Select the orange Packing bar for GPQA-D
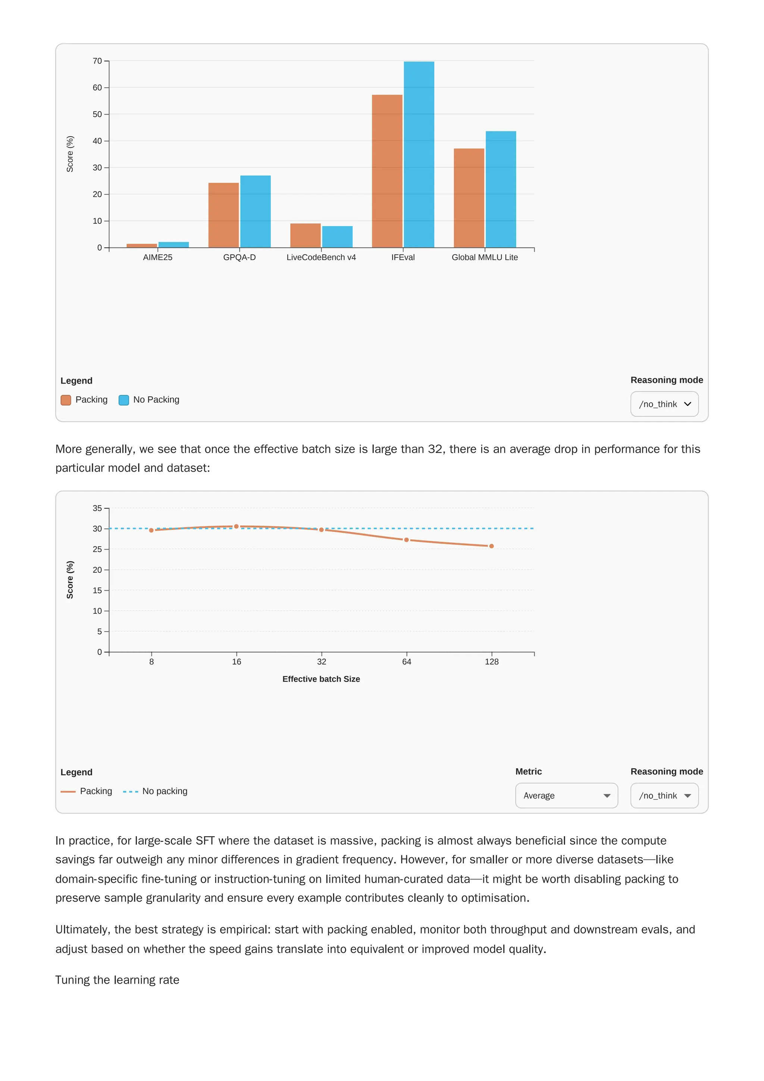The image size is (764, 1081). (x=223, y=215)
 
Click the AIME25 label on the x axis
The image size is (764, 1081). (x=158, y=257)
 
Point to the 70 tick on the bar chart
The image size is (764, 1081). (x=97, y=61)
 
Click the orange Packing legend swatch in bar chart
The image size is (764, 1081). (x=66, y=400)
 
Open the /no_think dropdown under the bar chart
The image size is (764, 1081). (x=664, y=404)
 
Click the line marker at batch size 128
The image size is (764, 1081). (x=491, y=546)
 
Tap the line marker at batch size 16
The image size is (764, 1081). (x=236, y=527)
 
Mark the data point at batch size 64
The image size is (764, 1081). (x=406, y=540)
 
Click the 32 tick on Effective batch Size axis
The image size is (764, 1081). (x=322, y=662)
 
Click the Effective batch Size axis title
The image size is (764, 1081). (x=321, y=679)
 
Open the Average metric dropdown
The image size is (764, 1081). (x=566, y=796)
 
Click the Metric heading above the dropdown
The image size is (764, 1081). (x=528, y=772)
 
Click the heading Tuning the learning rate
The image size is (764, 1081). (x=117, y=980)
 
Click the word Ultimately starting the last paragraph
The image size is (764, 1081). (x=82, y=930)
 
